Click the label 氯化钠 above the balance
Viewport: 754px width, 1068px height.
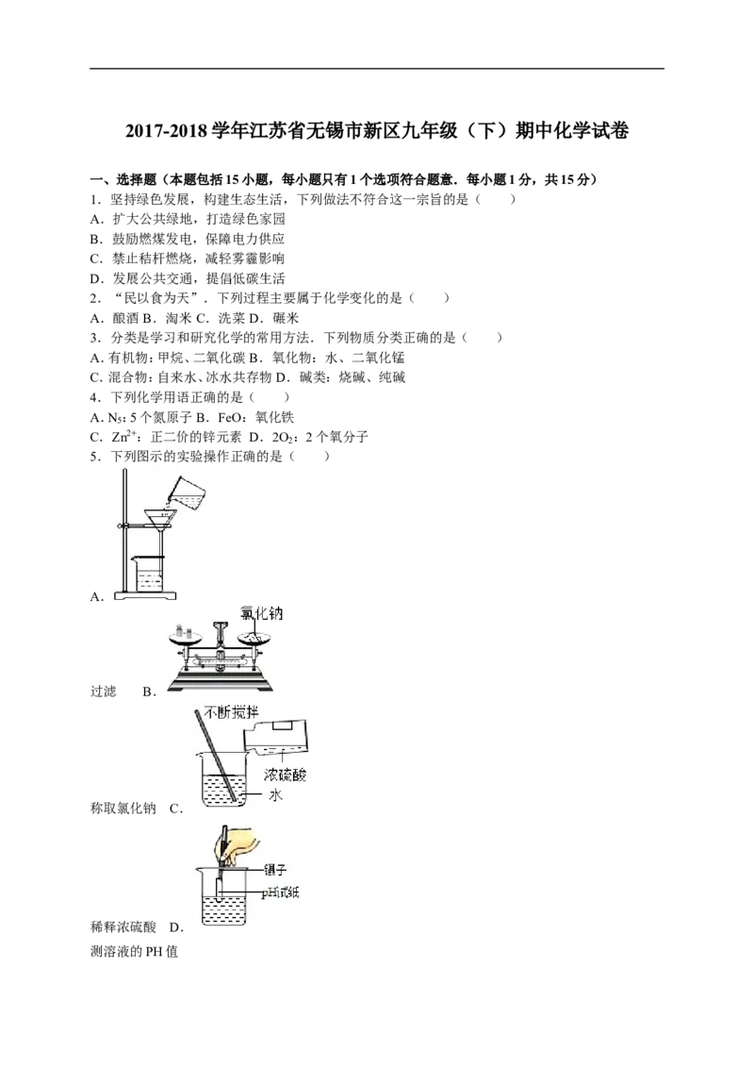pyautogui.click(x=262, y=614)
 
